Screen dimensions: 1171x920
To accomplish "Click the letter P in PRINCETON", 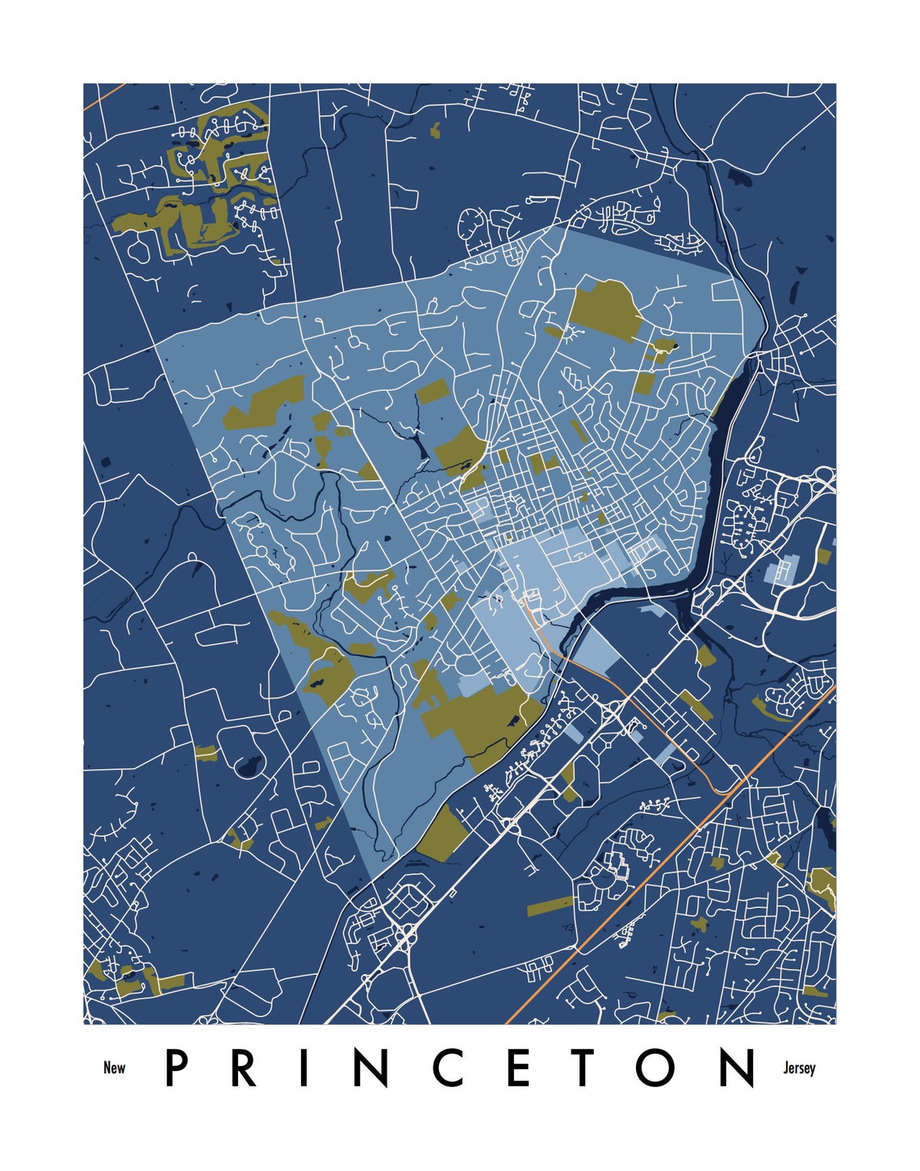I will click(177, 1068).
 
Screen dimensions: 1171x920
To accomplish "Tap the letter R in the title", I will click(242, 1068).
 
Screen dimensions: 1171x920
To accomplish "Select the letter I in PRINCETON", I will click(303, 1068).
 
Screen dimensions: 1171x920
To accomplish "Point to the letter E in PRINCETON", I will click(518, 1068).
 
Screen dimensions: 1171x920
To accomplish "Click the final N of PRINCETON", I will click(737, 1068).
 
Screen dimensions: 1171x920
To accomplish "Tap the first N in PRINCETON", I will click(370, 1068).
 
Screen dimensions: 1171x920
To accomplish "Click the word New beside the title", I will click(115, 1068).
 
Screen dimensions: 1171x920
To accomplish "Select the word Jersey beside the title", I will click(799, 1068).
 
